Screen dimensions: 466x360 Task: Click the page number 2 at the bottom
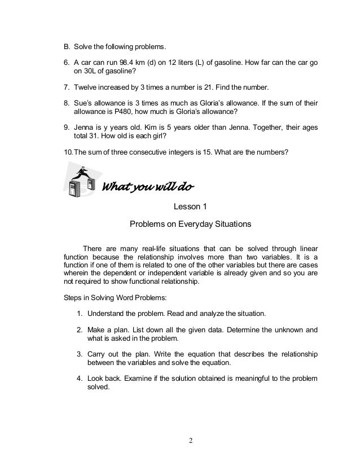click(x=191, y=440)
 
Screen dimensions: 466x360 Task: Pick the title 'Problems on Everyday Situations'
click(x=190, y=223)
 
